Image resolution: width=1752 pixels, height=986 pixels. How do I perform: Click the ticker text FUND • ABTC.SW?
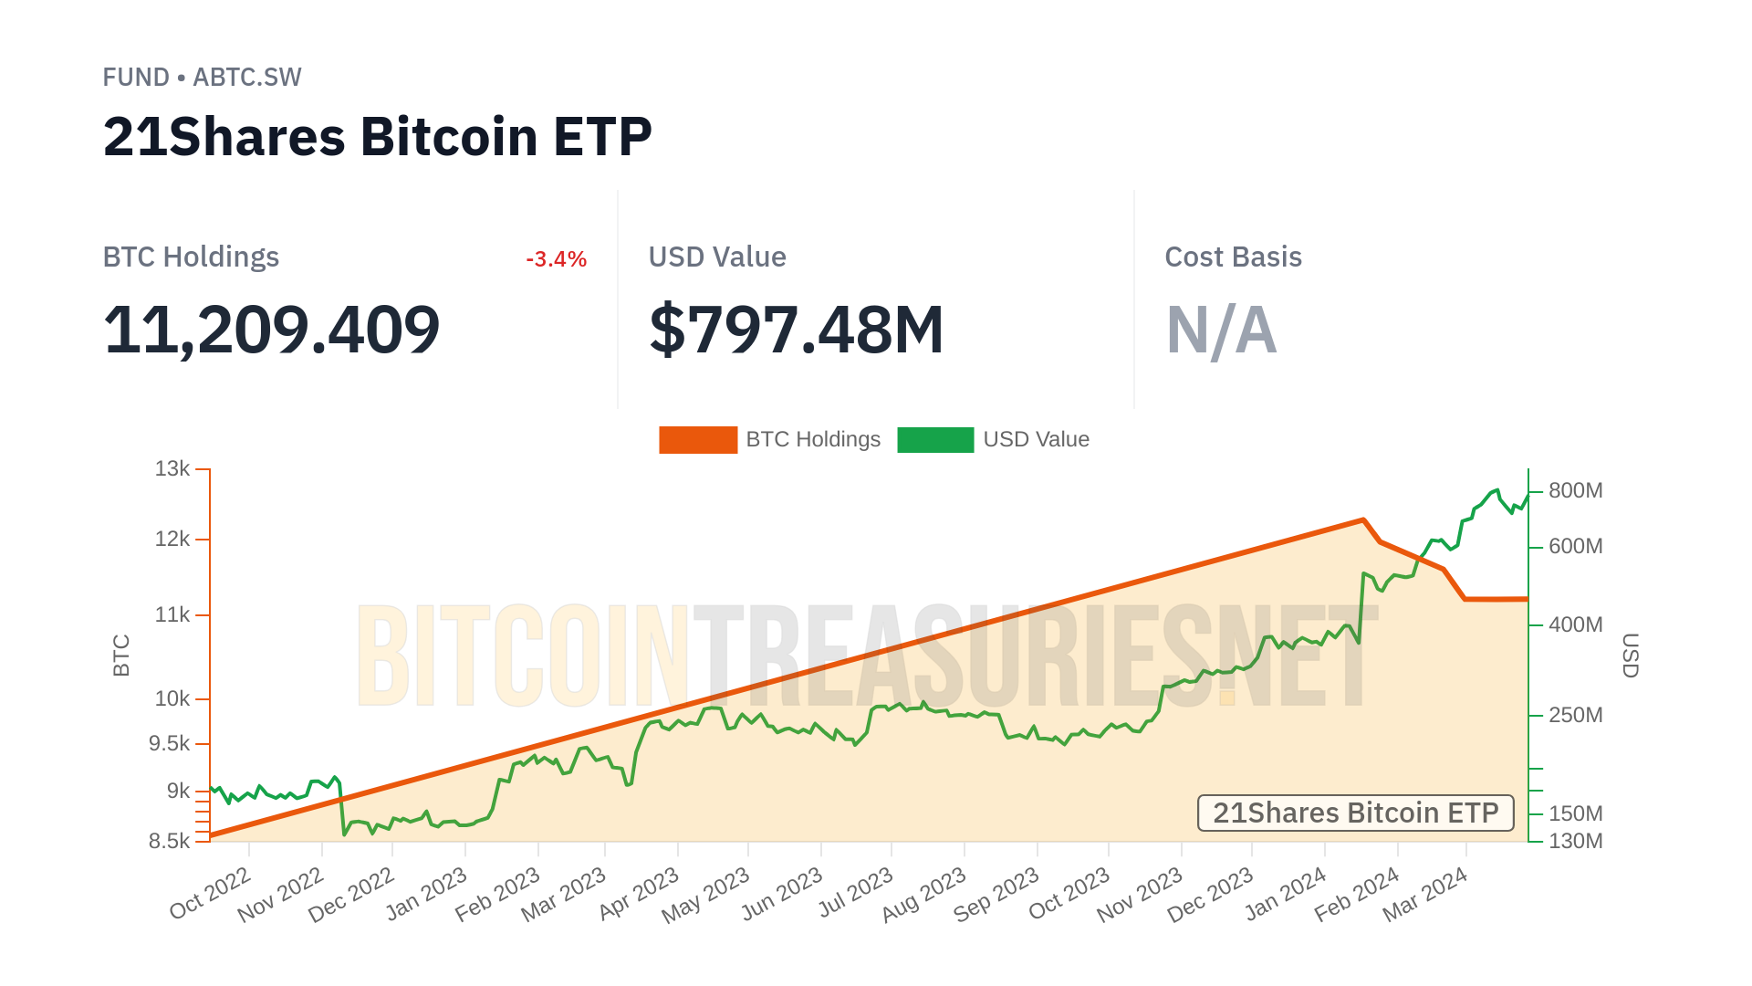pos(202,78)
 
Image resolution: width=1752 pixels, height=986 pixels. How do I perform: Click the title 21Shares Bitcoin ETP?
pos(377,137)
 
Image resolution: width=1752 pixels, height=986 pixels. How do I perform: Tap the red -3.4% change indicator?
pos(556,259)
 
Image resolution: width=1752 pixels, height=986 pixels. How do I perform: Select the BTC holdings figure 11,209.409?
pos(271,330)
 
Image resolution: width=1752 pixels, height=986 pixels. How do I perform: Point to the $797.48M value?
pos(796,330)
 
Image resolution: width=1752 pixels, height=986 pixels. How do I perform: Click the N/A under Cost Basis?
pos(1221,330)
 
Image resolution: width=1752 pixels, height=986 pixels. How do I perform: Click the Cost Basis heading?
pos(1233,257)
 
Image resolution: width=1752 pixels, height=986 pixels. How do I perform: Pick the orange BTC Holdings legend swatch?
pos(698,440)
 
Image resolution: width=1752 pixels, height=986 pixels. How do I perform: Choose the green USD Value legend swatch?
pos(935,440)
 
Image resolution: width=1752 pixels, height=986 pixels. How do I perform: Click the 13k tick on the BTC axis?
pos(172,469)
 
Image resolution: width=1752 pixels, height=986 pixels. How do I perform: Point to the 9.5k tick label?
pos(170,744)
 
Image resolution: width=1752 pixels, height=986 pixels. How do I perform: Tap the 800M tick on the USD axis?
pos(1575,491)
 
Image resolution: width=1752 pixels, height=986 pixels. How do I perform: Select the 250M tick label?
pos(1575,715)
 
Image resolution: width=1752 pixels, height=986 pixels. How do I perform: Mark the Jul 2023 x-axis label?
pos(855,893)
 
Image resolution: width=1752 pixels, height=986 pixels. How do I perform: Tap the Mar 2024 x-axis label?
pos(1424,895)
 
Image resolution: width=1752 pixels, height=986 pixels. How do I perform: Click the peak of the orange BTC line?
pos(1363,519)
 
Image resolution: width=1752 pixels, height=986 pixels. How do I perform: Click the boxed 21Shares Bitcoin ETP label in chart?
pos(1355,813)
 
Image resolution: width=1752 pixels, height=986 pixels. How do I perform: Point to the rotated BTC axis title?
pos(121,656)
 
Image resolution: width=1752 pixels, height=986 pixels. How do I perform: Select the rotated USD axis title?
pos(1630,656)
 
